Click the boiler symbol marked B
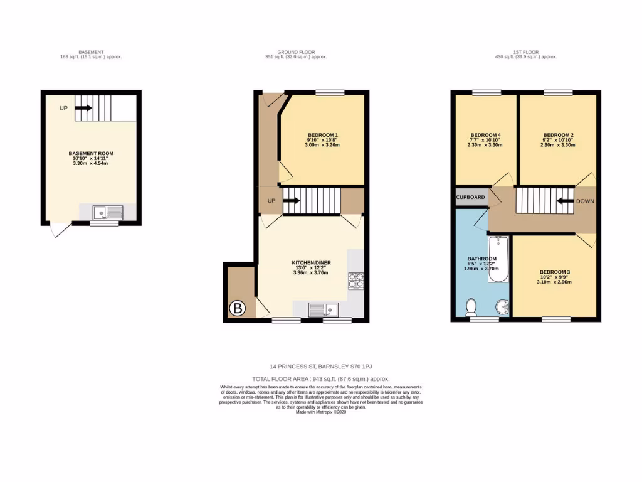point(238,308)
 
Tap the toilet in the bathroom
point(472,306)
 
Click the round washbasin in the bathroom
point(502,308)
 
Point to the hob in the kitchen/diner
point(356,280)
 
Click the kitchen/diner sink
point(324,309)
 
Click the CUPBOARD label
point(471,197)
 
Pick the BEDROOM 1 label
point(323,135)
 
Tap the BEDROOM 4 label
point(485,135)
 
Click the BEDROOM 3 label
point(555,272)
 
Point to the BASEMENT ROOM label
point(91,153)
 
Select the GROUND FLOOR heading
point(296,52)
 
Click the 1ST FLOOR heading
point(525,52)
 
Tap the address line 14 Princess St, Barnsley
point(320,366)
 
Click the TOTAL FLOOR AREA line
point(320,379)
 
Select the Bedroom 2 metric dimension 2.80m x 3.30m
point(558,145)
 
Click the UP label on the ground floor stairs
point(271,201)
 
